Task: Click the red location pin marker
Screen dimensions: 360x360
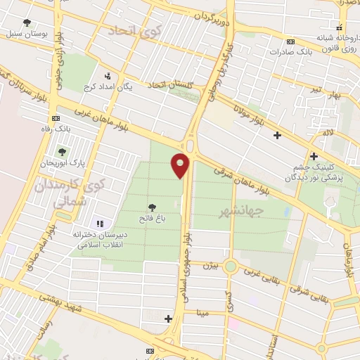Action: click(181, 165)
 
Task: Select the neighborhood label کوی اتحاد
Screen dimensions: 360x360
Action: click(133, 31)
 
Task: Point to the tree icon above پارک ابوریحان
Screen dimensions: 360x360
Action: click(62, 151)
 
